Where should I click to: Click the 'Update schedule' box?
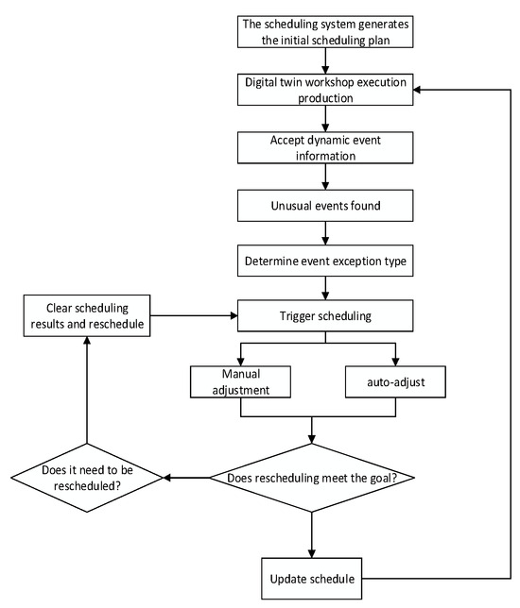[311, 578]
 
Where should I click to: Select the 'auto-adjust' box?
[395, 381]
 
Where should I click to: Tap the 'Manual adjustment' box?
[240, 381]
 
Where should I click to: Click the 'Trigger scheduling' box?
[325, 315]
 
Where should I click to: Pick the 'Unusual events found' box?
[325, 206]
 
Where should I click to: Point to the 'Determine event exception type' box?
[325, 261]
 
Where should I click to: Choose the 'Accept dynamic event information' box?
[325, 147]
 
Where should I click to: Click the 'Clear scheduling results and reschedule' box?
[87, 315]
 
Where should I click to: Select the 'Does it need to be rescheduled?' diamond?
[87, 478]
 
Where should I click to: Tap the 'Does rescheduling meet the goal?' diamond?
[312, 478]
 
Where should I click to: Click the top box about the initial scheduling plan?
[325, 32]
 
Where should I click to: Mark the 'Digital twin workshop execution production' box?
[325, 90]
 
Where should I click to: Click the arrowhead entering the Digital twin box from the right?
[417, 90]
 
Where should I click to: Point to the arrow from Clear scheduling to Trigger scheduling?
[194, 315]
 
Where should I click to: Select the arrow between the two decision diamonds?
[186, 478]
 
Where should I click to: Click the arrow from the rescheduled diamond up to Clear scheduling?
[87, 390]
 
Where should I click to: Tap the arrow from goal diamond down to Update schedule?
[312, 535]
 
